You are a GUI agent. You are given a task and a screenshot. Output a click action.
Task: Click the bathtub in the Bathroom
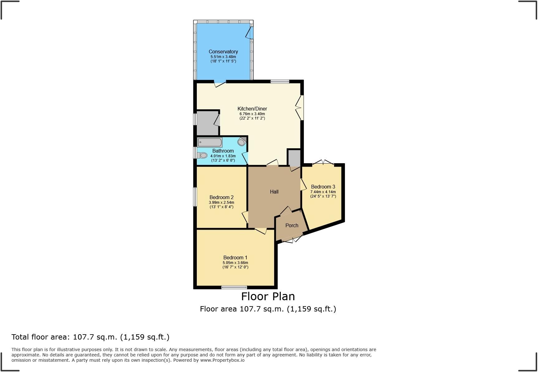210,142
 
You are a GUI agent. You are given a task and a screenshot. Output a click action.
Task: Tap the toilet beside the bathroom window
203,155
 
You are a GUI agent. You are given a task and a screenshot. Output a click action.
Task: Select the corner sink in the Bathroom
242,142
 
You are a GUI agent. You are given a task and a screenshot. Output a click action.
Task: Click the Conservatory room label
223,51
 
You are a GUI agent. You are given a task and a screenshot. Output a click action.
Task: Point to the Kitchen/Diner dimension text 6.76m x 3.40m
252,114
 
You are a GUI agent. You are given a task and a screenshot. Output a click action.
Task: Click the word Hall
274,192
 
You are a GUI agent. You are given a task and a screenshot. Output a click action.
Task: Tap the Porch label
292,225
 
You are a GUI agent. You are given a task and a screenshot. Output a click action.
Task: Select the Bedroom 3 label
323,187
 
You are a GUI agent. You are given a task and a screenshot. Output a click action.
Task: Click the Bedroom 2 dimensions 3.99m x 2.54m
221,203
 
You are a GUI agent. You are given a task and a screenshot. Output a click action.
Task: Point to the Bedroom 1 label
235,257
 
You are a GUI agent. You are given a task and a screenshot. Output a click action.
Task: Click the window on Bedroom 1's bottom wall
234,287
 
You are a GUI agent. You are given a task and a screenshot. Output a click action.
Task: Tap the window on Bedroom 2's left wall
195,197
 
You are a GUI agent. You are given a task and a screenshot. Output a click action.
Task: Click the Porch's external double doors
293,239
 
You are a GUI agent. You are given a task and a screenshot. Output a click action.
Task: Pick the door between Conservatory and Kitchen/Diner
220,83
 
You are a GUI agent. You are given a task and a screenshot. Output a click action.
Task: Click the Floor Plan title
268,296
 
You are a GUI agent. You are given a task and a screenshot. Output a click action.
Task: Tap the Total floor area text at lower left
90,337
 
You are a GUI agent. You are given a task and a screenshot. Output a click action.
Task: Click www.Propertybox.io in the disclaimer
222,360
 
